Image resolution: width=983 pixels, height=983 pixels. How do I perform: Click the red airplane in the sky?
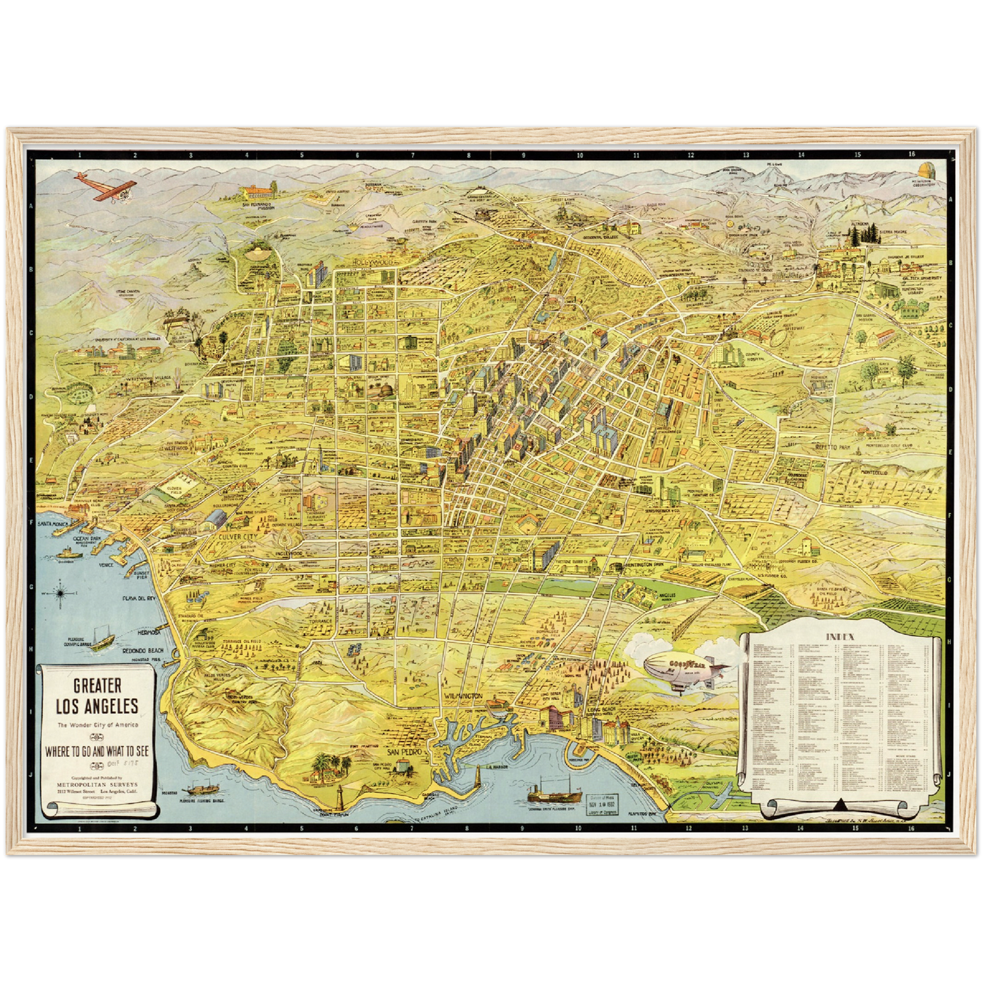point(105,186)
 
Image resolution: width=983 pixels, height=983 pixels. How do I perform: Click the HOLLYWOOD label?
point(373,262)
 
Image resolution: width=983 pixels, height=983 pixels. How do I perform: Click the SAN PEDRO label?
point(405,753)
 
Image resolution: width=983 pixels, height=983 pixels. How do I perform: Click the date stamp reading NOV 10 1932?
point(602,802)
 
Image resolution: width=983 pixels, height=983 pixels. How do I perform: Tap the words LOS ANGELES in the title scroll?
point(97,706)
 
